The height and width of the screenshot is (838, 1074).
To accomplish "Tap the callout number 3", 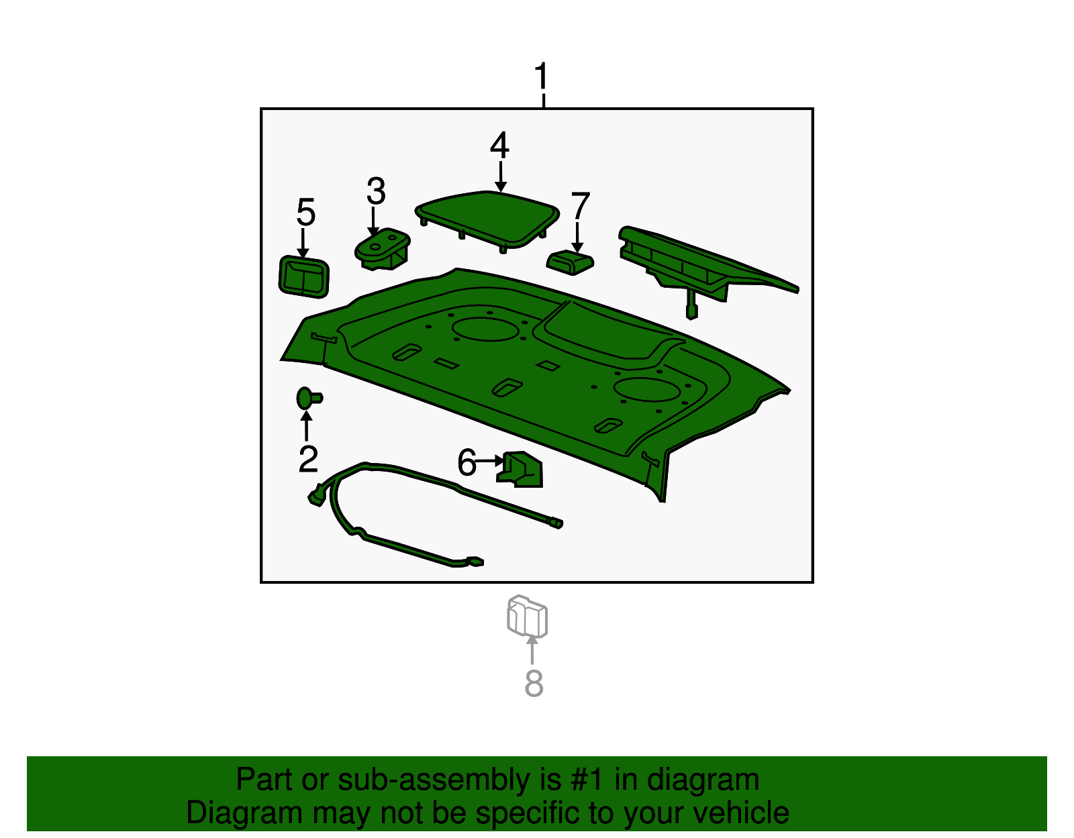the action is (376, 191).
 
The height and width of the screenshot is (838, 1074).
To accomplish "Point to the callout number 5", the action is (305, 212).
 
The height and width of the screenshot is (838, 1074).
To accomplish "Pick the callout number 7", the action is (580, 205).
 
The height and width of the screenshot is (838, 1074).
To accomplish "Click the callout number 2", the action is (308, 459).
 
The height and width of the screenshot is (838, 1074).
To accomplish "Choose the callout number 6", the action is (467, 463).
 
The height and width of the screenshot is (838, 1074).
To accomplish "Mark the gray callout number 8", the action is (534, 684).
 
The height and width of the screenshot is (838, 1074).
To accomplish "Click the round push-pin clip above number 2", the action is (309, 398).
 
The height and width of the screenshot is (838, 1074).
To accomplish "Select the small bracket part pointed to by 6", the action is (520, 469).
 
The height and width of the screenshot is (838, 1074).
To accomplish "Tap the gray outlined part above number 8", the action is (527, 617).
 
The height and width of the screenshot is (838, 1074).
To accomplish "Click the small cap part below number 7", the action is (570, 263).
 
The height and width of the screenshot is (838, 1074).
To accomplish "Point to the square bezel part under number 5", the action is (304, 276).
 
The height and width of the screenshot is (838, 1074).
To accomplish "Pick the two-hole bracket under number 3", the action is (382, 249).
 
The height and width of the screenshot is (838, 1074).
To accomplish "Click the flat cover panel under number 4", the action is (487, 220).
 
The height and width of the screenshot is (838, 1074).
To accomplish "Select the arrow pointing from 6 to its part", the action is (489, 461).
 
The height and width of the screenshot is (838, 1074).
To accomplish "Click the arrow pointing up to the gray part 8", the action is (532, 650).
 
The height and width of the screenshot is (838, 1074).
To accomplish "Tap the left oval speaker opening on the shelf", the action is (485, 329).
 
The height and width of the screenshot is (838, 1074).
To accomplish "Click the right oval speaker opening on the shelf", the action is (646, 390).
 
